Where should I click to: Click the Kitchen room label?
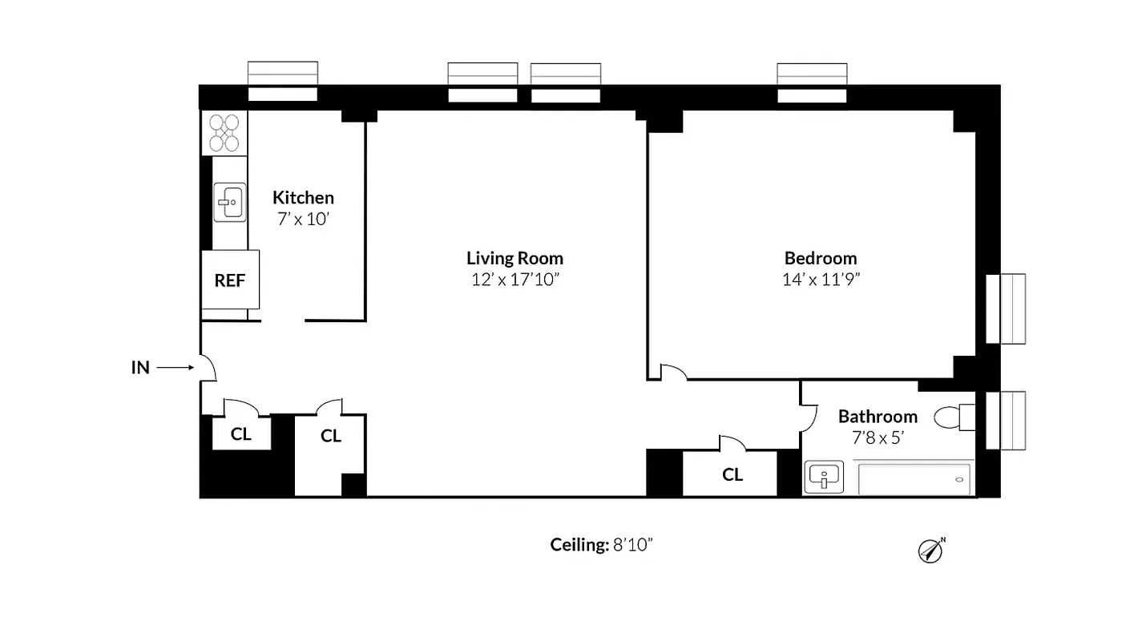coord(303,197)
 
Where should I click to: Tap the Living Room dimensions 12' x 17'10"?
coord(514,280)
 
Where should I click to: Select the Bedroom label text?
coord(820,258)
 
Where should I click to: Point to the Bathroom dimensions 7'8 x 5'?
coord(877,438)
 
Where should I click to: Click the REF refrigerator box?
coord(229,280)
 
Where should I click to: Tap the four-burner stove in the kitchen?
coord(224,132)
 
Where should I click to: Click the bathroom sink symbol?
coord(823,477)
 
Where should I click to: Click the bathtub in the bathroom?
coord(914,478)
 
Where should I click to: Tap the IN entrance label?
coord(140,368)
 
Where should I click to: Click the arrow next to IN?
coord(175,368)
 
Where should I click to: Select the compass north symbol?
coord(930,550)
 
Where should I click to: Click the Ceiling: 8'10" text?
coord(601,545)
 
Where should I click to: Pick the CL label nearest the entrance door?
coord(240,434)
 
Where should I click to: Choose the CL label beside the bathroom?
coord(732,474)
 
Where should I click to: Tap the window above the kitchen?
coord(282,82)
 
